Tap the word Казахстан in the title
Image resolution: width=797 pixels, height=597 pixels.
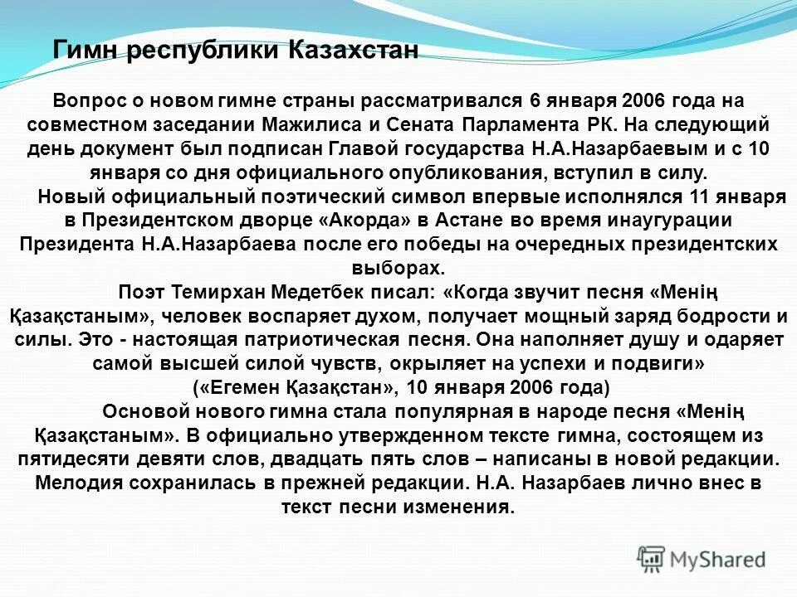click(353, 51)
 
